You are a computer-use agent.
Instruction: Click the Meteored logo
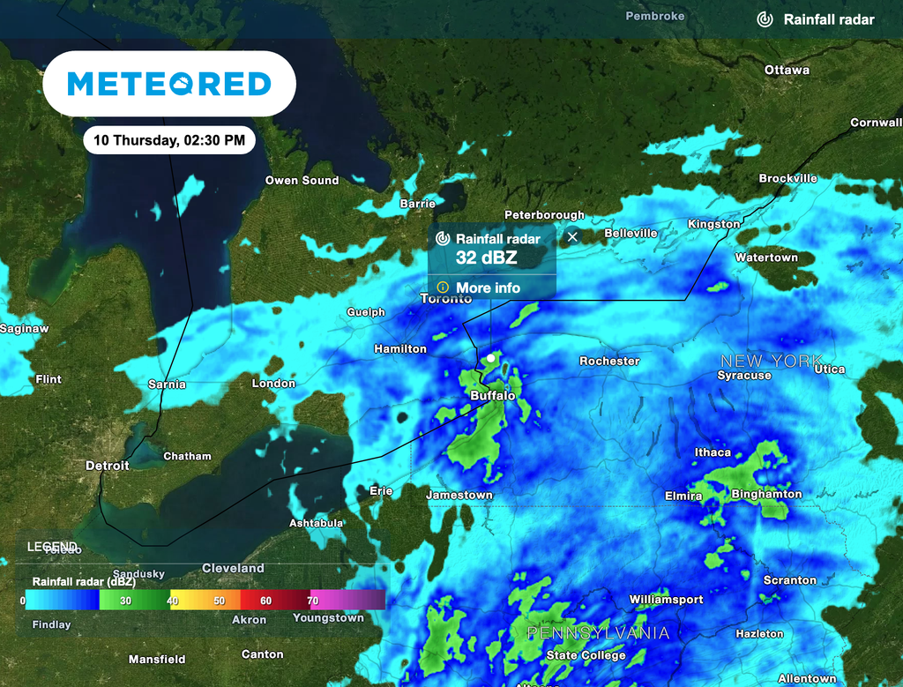click(x=168, y=84)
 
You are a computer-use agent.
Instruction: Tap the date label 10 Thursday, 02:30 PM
click(x=169, y=139)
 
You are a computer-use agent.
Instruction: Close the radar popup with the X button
click(x=572, y=236)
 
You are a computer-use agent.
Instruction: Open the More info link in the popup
click(x=488, y=287)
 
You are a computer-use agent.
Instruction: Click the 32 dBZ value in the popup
click(x=486, y=258)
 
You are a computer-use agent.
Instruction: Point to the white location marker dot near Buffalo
click(x=490, y=358)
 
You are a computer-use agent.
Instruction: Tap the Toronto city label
click(x=446, y=299)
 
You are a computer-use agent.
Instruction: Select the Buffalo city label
click(x=492, y=396)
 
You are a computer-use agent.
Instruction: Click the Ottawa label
click(x=787, y=70)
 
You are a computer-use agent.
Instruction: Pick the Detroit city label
click(x=108, y=465)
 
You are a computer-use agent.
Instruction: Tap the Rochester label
click(x=609, y=361)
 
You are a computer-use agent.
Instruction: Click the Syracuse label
click(x=744, y=375)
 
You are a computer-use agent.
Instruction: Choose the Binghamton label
click(x=766, y=494)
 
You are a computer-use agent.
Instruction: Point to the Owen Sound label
click(x=302, y=180)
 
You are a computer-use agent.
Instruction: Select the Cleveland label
click(x=233, y=568)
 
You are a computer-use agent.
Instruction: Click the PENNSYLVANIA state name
click(x=598, y=633)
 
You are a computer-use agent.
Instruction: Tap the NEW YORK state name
click(x=772, y=361)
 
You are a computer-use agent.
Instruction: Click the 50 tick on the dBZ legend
click(x=219, y=601)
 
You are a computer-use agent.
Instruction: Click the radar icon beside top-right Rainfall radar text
click(x=765, y=19)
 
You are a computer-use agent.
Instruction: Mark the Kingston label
click(x=713, y=224)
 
